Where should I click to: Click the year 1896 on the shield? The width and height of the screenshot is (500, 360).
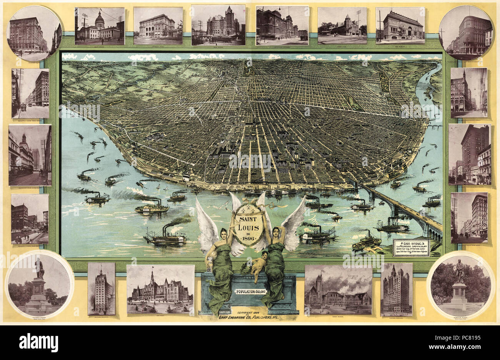[249, 237]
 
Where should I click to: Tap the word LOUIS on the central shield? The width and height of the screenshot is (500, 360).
[249, 228]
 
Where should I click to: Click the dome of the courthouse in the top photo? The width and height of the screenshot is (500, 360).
[100, 18]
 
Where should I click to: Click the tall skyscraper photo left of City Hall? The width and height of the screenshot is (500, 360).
[101, 288]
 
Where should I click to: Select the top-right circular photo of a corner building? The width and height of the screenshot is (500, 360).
[466, 33]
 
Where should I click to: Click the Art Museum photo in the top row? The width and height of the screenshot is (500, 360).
[400, 25]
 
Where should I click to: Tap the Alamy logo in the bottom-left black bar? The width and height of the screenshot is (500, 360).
[38, 342]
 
